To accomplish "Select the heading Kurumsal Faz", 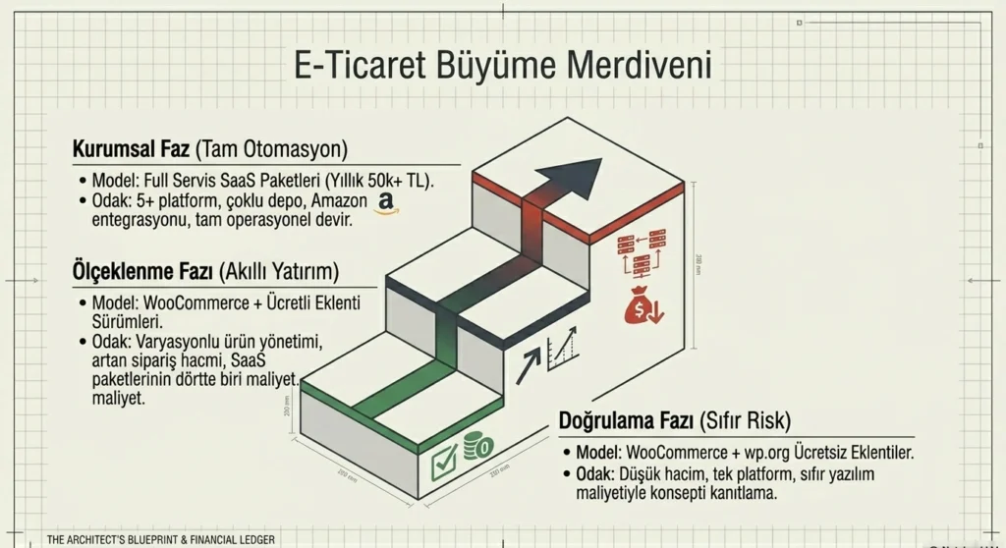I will [131, 149].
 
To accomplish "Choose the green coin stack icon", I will [476, 447].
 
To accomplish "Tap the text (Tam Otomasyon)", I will [271, 149].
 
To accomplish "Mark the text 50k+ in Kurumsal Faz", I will [383, 183].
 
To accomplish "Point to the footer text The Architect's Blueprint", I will [161, 539].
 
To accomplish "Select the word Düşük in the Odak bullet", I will [650, 474].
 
